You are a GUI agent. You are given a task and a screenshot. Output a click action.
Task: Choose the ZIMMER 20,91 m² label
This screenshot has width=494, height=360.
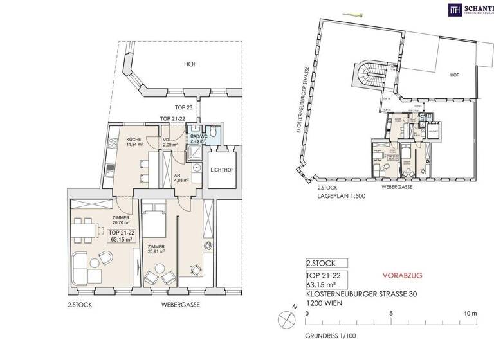click(156, 249)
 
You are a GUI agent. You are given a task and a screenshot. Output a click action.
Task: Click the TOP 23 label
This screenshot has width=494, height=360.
click(184, 107)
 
